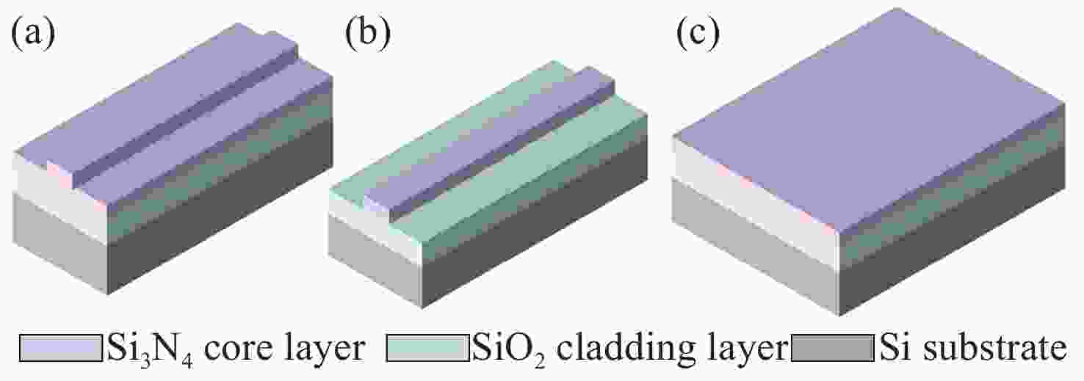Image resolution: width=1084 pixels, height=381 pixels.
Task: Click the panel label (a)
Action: (34, 35)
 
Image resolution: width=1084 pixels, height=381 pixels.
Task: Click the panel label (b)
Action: (365, 35)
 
